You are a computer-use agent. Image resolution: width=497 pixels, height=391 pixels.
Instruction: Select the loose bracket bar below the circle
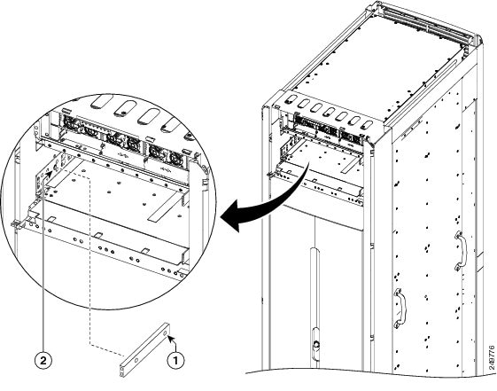click(x=146, y=346)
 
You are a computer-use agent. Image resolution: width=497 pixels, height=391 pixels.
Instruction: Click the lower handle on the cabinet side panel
click(x=400, y=307)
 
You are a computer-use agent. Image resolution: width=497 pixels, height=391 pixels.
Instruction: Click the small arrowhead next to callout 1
click(x=170, y=337)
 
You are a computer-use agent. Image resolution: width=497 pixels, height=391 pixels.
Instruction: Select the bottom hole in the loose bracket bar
click(x=125, y=364)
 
